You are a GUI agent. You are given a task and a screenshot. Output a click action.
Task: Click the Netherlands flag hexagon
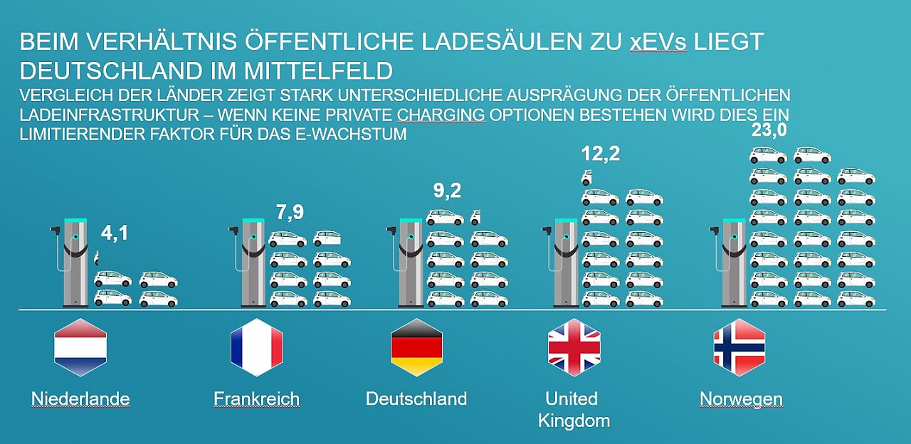point(80,347)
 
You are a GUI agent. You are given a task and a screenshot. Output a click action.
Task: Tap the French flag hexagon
point(256,347)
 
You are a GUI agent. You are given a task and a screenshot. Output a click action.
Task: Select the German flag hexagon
point(416,347)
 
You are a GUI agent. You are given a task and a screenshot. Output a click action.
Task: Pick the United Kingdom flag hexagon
point(574,347)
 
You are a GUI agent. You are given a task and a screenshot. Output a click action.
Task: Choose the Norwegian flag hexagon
point(739,347)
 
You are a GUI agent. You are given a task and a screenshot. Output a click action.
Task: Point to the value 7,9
point(290,213)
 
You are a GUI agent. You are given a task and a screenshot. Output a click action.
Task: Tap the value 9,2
point(447,191)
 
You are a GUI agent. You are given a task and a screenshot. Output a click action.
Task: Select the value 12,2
point(600,154)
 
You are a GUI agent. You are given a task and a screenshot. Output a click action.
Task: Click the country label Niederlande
point(80,398)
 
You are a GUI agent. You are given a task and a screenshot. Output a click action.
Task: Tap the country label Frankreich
point(256,398)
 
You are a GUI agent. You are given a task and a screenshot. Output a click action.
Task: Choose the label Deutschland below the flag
point(416,398)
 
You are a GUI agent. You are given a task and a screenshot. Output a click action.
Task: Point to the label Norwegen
point(741,398)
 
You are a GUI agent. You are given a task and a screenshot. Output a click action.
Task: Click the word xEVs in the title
point(658,42)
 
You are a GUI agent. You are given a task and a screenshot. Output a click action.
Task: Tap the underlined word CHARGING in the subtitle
point(441,115)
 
